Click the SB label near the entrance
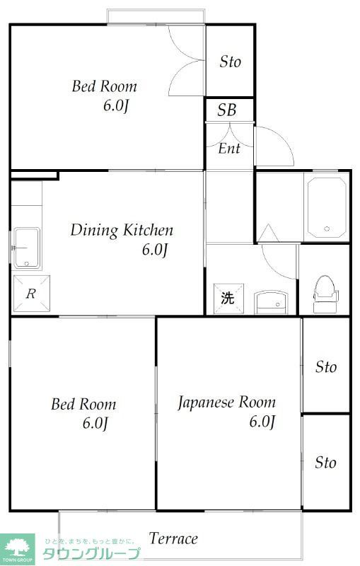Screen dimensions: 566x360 [227, 110]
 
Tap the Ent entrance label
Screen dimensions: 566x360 [228, 149]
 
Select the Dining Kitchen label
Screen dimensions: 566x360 [122, 230]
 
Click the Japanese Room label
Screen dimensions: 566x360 [226, 403]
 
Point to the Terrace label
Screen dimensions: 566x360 [174, 538]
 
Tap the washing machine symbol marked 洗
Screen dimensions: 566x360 [227, 298]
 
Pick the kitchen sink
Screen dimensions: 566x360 [27, 248]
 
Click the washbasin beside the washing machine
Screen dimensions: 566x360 [272, 302]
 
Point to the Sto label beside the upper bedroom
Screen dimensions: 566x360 [230, 62]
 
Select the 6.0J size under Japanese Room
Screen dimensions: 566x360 [262, 422]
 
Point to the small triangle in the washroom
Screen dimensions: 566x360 [267, 232]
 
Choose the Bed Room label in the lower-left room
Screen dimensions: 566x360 [83, 405]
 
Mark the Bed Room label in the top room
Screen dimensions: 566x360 [105, 87]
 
